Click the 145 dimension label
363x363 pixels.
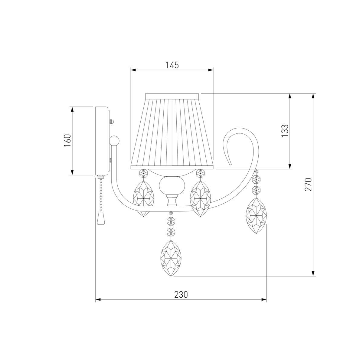172,65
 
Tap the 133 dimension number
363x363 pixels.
285,131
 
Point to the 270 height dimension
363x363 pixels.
308,185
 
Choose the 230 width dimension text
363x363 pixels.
181,295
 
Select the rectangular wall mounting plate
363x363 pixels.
102,141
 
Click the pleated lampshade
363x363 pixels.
172,131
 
